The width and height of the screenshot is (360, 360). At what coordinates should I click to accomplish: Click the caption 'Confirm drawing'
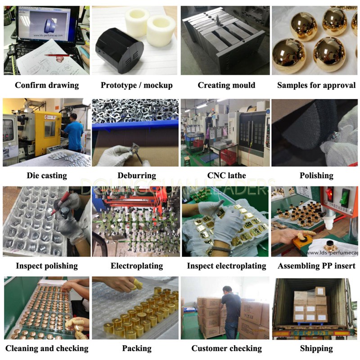coord(47,85)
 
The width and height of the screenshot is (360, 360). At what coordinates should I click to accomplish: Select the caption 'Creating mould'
coord(226,85)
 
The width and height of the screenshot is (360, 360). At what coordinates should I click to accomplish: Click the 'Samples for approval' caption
coord(316,85)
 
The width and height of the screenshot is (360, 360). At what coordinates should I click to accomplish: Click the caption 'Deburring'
coord(137,175)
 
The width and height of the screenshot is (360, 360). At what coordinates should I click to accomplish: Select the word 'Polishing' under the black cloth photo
coord(316,175)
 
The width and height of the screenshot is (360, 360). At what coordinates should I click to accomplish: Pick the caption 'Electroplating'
coord(137,266)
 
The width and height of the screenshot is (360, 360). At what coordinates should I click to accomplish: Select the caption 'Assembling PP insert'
coord(316,266)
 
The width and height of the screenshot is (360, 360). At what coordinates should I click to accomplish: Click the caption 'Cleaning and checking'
coord(47,348)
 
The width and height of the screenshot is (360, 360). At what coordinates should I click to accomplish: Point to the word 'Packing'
coord(137,348)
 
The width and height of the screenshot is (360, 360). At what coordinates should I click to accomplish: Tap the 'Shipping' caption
coord(316,348)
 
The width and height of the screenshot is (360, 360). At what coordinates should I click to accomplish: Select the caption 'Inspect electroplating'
coord(226,266)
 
